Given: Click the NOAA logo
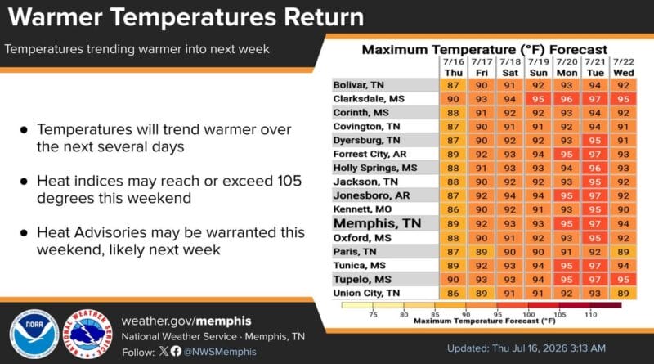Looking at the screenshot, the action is click(34, 335).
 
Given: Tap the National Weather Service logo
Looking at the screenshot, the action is click(87, 335).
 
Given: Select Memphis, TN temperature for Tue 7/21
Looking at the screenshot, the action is click(595, 224).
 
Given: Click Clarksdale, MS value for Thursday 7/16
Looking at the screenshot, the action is click(453, 99).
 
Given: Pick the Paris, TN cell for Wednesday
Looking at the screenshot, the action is click(623, 252).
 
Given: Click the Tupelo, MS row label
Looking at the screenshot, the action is click(362, 279).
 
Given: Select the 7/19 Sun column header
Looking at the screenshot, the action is click(538, 67).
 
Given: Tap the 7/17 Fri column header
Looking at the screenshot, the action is click(482, 67).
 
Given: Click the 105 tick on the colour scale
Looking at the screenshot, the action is click(560, 314).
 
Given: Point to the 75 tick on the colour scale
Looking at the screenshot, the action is click(373, 314).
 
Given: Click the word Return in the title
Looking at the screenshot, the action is click(324, 17).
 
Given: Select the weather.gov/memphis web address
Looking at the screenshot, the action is click(186, 321).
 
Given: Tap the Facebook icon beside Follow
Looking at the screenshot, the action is click(176, 351).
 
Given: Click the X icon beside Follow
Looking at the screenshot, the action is click(164, 351).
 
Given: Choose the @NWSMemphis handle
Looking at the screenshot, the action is click(220, 352).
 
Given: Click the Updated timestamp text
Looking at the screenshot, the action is click(526, 348).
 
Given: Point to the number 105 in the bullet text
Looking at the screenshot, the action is click(289, 181).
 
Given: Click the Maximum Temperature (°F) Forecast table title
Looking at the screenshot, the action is click(485, 50).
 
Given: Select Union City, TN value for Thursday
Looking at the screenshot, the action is click(453, 293).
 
